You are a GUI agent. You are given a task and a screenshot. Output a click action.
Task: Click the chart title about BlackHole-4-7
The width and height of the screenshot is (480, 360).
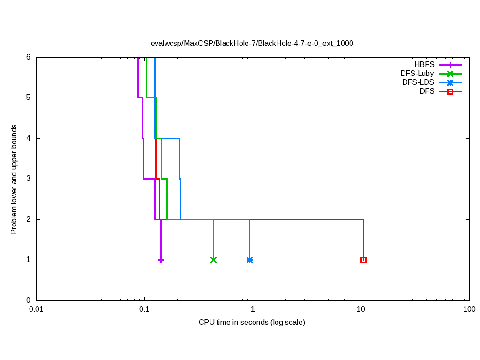click(x=252, y=43)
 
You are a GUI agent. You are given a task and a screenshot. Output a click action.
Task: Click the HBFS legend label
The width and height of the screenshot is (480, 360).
click(x=424, y=65)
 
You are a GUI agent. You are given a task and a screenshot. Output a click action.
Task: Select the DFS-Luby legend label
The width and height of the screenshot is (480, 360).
click(x=417, y=74)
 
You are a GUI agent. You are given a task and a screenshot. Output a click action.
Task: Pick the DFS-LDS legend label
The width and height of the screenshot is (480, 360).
click(x=418, y=82)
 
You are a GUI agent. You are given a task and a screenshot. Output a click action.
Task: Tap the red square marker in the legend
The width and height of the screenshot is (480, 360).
click(x=450, y=91)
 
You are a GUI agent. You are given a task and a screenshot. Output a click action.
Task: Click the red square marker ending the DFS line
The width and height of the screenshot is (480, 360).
click(x=363, y=260)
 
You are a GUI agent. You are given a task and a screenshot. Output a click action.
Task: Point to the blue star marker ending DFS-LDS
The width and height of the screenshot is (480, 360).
click(x=249, y=260)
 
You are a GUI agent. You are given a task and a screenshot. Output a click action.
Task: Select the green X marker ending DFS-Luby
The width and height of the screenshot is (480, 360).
click(x=214, y=260)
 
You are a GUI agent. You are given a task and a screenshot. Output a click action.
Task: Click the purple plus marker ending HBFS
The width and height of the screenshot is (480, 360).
click(x=161, y=260)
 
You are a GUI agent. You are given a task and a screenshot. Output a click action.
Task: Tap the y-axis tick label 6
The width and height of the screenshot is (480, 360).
click(x=28, y=57)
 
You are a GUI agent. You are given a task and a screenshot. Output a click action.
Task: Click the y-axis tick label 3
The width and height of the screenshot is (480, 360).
click(x=28, y=179)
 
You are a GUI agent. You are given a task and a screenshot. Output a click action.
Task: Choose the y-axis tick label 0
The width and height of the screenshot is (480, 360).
click(x=28, y=300)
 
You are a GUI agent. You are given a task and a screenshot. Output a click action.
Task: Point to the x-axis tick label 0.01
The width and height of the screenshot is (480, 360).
click(x=36, y=310)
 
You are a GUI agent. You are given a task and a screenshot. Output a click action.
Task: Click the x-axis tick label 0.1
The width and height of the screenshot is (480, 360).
click(x=144, y=310)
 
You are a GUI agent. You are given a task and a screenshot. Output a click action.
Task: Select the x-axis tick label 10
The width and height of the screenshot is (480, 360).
click(x=361, y=310)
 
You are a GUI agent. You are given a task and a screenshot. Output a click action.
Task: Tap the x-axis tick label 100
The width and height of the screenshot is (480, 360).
click(x=469, y=310)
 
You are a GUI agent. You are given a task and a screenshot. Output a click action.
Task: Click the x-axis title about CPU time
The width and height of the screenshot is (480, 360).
click(x=252, y=322)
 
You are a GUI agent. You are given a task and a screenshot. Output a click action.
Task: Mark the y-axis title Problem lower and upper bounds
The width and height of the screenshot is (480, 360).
click(x=14, y=179)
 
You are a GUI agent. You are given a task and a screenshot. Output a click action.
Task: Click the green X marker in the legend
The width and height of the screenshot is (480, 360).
click(x=450, y=74)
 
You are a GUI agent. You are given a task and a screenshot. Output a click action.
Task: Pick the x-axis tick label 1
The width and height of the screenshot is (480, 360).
click(x=253, y=310)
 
